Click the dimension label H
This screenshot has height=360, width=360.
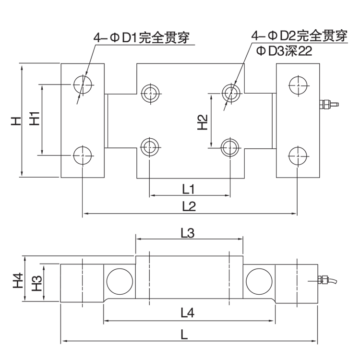tap(17, 121)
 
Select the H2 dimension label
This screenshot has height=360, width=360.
tap(203, 121)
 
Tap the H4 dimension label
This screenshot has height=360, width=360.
tap(17, 279)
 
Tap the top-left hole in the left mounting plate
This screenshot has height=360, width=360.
tap(83, 84)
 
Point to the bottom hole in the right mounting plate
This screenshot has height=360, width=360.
tap(298, 155)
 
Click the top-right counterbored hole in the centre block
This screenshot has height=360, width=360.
tap(231, 91)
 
